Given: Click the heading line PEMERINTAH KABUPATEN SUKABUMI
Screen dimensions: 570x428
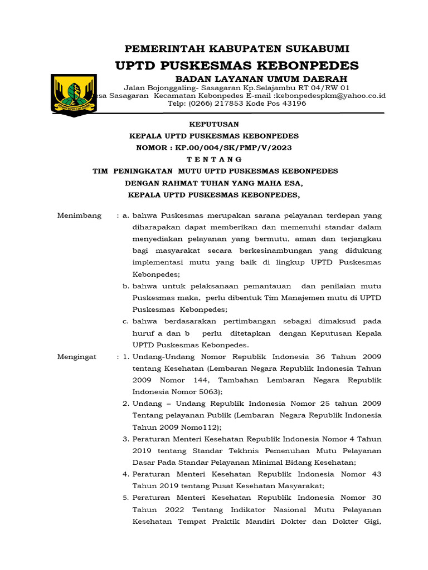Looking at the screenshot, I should [237, 48].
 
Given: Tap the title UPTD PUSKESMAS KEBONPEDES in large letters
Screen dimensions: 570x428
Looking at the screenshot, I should [237, 65].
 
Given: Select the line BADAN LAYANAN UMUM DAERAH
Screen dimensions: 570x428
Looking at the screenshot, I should [261, 79].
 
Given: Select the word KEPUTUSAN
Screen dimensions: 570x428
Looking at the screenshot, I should [215, 124].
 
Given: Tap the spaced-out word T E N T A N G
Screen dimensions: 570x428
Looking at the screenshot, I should [215, 159].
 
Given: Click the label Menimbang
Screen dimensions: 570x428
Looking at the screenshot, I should [79, 215].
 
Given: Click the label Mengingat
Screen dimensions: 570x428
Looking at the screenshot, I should [77, 356].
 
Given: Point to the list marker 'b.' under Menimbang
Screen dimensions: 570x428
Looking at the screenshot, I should [126, 286].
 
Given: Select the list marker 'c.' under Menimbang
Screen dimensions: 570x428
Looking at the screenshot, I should [126, 321].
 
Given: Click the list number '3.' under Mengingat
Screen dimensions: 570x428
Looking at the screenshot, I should [126, 439].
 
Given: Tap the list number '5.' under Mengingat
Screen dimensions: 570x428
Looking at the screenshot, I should [126, 498].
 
